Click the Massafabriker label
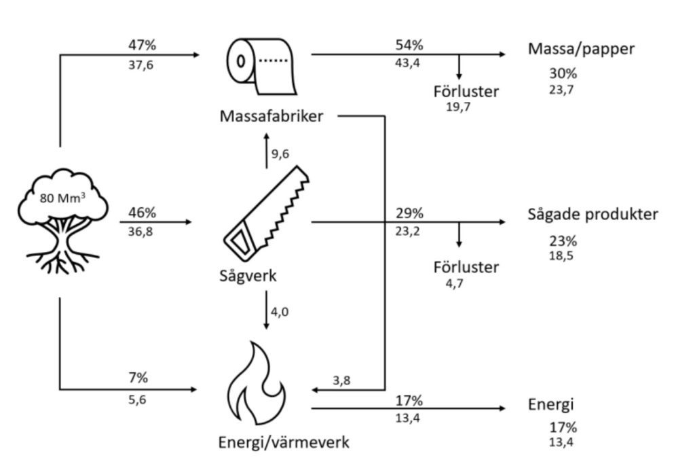point(271,115)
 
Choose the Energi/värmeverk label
point(284,443)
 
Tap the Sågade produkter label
point(593,215)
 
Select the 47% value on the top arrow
point(142,46)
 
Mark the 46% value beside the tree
point(142,213)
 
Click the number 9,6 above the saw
point(280,154)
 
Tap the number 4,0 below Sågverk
point(280,312)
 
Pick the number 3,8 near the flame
point(342,380)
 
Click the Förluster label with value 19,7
point(466,91)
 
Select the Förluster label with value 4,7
point(466,267)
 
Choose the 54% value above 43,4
point(409,46)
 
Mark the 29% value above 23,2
point(409,213)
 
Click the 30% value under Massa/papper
point(563,73)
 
